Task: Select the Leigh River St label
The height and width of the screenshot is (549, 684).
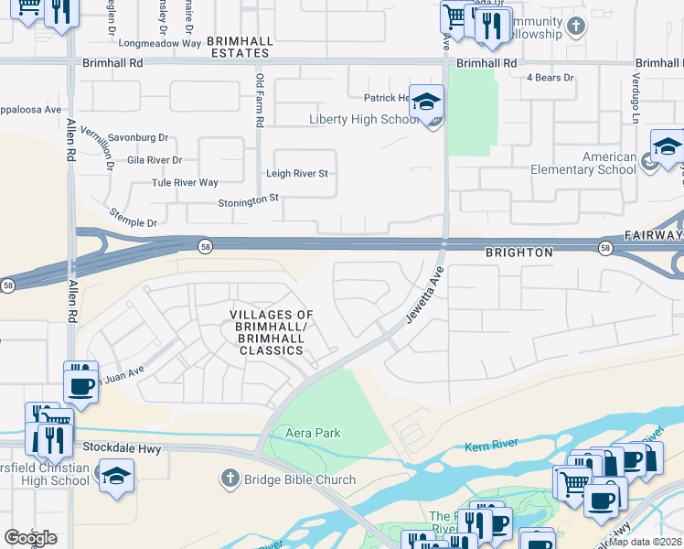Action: [297, 173]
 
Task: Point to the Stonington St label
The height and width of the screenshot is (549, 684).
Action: [248, 199]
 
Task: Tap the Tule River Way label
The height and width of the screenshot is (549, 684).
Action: [185, 183]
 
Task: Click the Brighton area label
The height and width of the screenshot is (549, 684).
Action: [518, 252]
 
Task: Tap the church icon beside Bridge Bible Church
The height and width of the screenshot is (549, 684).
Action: [230, 479]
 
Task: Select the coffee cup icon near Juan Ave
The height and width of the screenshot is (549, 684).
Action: [80, 382]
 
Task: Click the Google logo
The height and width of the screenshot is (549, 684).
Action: [30, 537]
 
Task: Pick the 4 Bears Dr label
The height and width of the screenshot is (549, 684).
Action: [550, 78]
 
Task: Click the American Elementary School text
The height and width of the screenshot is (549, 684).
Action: [584, 163]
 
